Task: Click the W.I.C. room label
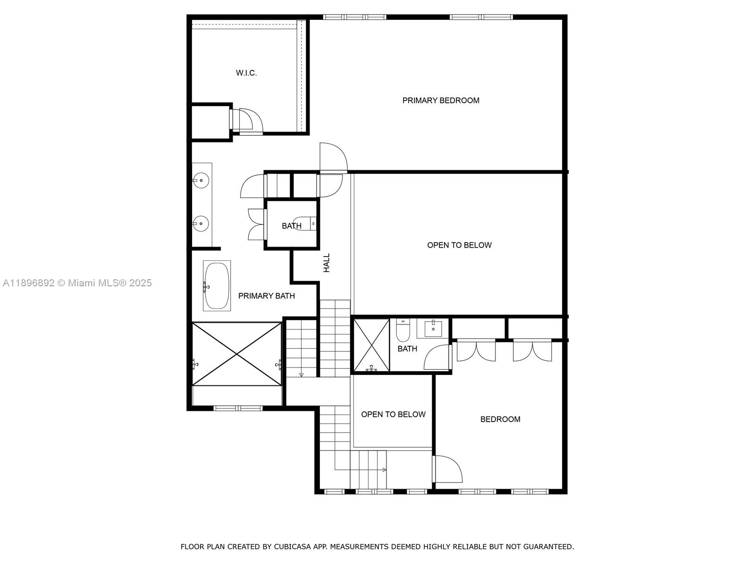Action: click(x=246, y=73)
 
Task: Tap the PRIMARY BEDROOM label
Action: click(x=441, y=100)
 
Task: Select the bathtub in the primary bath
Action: click(x=217, y=286)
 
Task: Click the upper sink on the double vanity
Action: click(x=201, y=180)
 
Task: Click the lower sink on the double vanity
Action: click(x=201, y=224)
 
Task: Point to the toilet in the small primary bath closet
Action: click(x=304, y=223)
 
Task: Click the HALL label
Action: click(x=327, y=263)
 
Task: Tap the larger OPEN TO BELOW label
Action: click(x=459, y=245)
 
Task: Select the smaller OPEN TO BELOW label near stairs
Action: click(x=393, y=415)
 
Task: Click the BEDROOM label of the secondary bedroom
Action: click(x=500, y=419)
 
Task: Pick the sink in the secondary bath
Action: click(x=433, y=327)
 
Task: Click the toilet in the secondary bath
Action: click(x=403, y=331)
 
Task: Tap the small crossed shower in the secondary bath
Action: click(x=371, y=345)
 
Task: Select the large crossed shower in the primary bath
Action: click(x=237, y=354)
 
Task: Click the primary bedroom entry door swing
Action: click(x=332, y=157)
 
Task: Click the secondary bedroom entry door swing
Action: click(x=447, y=469)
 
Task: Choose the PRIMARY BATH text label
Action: click(x=266, y=296)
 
